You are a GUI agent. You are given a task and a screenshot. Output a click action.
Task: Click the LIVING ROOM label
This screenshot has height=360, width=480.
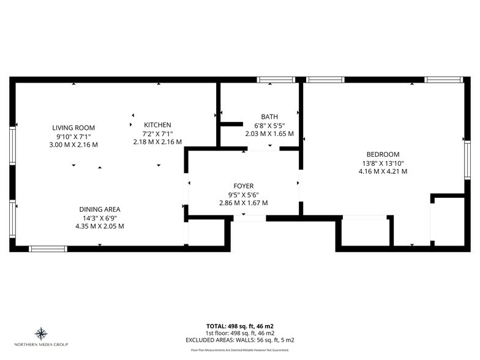pyautogui.click(x=73, y=127)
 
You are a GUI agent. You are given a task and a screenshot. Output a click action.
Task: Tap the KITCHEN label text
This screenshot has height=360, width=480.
pyautogui.click(x=157, y=124)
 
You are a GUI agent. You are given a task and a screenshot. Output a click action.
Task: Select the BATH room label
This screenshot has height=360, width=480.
pyautogui.click(x=269, y=116)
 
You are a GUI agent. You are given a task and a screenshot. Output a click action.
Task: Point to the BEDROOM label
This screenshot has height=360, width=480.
pyautogui.click(x=383, y=154)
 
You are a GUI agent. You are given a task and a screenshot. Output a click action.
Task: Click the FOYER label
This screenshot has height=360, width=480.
pyautogui.click(x=243, y=186)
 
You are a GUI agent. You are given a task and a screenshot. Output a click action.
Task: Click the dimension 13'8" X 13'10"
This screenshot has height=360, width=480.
pyautogui.click(x=383, y=163)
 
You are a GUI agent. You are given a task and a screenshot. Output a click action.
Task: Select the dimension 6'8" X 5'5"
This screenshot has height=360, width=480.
pyautogui.click(x=269, y=125)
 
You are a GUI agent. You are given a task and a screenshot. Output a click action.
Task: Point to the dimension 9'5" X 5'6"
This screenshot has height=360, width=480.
pyautogui.click(x=243, y=195)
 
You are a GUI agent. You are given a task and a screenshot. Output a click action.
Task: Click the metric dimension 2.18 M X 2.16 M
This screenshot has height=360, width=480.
pyautogui.click(x=157, y=141)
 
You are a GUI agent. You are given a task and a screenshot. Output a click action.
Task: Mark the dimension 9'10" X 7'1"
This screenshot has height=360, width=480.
pyautogui.click(x=73, y=136)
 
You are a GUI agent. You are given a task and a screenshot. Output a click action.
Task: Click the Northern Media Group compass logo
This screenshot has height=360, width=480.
pyautogui.click(x=42, y=334)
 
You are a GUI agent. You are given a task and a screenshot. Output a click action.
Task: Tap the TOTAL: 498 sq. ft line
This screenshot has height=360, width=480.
pyautogui.click(x=239, y=326)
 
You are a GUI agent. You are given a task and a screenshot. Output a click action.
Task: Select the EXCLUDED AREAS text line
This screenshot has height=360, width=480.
pyautogui.click(x=239, y=339)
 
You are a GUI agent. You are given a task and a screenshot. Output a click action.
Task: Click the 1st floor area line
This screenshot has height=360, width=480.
pyautogui.click(x=239, y=332)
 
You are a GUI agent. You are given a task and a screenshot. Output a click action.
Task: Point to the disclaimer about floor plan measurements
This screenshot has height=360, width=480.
pyautogui.click(x=239, y=350)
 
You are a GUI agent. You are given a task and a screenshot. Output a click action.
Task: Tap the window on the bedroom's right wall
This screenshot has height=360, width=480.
pyautogui.click(x=467, y=160)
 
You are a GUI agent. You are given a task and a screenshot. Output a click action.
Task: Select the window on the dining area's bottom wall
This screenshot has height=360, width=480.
pyautogui.click(x=48, y=249)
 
